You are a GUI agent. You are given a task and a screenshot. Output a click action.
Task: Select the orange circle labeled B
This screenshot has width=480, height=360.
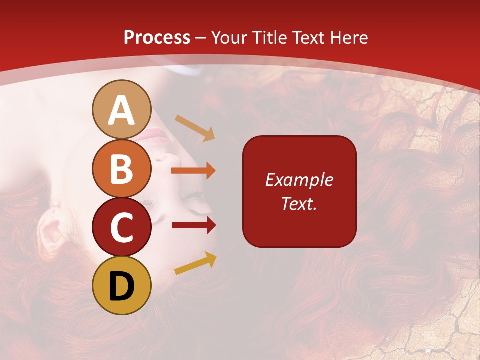click(x=121, y=168)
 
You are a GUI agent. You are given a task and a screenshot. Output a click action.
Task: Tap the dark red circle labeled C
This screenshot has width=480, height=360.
click(x=121, y=227)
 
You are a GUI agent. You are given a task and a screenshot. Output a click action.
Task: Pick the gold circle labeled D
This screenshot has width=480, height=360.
click(x=121, y=285)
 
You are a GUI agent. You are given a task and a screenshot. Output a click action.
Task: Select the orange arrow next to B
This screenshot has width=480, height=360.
click(x=193, y=171)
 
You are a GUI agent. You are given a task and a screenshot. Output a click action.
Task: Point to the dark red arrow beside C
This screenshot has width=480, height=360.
click(x=193, y=225)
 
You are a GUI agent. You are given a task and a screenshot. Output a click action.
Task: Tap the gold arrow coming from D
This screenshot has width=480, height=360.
click(x=195, y=264)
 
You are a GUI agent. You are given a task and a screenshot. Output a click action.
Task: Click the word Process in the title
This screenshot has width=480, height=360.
click(x=157, y=37)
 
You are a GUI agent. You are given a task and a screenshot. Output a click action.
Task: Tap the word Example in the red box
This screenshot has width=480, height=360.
click(x=299, y=180)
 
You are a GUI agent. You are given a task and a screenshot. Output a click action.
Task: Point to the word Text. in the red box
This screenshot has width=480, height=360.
click(x=299, y=203)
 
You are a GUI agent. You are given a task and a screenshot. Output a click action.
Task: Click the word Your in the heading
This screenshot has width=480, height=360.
click(x=230, y=37)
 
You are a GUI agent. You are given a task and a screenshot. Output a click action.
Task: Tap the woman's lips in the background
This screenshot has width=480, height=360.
click(x=156, y=135)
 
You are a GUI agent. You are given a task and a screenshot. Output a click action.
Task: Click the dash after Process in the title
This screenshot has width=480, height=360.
click(x=201, y=38)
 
